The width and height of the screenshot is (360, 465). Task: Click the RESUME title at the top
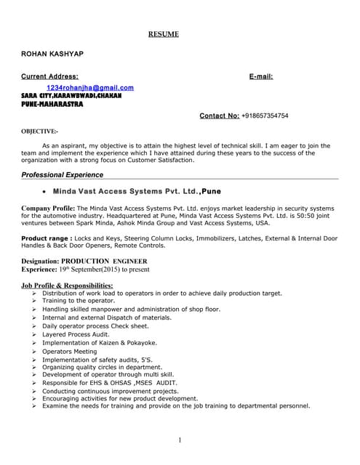(x=164, y=34)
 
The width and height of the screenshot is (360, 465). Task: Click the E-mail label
(x=260, y=76)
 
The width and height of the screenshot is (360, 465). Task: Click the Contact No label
(x=219, y=116)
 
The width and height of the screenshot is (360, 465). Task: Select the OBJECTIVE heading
(x=39, y=132)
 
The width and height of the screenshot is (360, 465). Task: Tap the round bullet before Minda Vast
(x=45, y=193)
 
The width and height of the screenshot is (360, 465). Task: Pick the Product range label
(x=47, y=238)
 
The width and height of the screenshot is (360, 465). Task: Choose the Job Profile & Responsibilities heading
(x=67, y=286)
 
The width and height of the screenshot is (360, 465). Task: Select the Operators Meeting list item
(x=69, y=351)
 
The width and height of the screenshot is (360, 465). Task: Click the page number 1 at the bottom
(x=180, y=440)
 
